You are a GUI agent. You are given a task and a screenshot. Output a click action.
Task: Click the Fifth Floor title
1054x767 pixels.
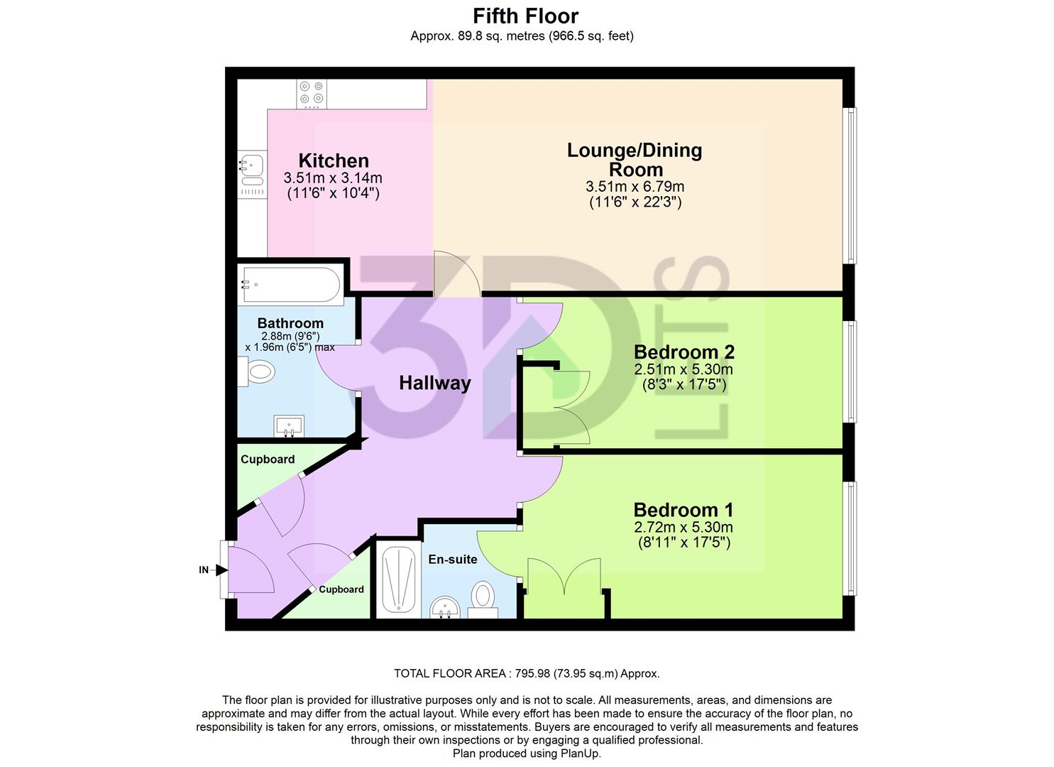[x=526, y=16]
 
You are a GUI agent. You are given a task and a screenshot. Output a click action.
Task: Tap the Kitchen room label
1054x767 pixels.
[x=333, y=161]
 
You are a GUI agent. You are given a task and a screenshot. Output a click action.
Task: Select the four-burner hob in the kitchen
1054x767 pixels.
[x=312, y=93]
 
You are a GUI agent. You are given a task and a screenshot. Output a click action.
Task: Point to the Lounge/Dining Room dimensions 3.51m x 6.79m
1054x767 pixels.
[x=635, y=187]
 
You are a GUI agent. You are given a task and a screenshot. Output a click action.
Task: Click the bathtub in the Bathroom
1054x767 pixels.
[x=291, y=285]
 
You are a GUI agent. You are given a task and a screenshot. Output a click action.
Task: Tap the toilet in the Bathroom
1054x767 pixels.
[x=256, y=371]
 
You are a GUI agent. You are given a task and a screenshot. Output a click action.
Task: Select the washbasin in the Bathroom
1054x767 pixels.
[x=289, y=426]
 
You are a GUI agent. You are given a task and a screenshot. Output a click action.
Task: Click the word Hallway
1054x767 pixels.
[x=434, y=383]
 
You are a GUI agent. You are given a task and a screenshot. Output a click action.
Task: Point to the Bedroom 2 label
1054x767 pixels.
[x=684, y=352]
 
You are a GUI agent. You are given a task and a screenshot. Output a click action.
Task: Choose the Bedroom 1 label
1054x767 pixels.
[x=683, y=510]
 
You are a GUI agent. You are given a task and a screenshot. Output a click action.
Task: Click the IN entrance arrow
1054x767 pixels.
[x=212, y=570]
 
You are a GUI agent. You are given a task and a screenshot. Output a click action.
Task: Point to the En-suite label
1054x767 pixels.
[x=452, y=560]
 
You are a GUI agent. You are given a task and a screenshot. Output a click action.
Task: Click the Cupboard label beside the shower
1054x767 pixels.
[x=341, y=589]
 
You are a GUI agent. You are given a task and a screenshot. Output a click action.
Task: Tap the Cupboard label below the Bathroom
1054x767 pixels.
[x=268, y=459]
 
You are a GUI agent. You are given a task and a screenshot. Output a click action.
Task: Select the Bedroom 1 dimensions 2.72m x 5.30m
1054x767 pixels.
[x=683, y=528]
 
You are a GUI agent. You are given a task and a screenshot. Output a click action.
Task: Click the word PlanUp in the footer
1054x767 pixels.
[x=581, y=754]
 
